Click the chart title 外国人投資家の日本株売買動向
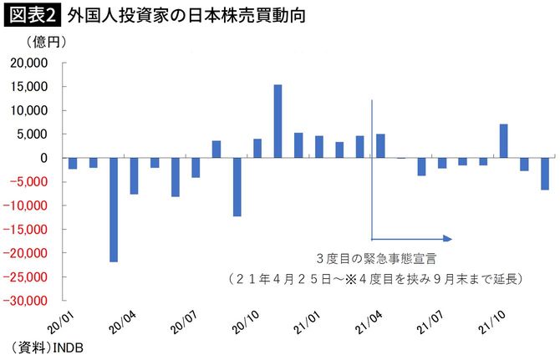tap(180, 15)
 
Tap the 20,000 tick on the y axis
tap(33, 63)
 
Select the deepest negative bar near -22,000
tap(114, 210)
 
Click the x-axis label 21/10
tap(491, 321)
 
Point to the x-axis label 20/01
tap(61, 321)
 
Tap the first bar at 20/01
tap(73, 163)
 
